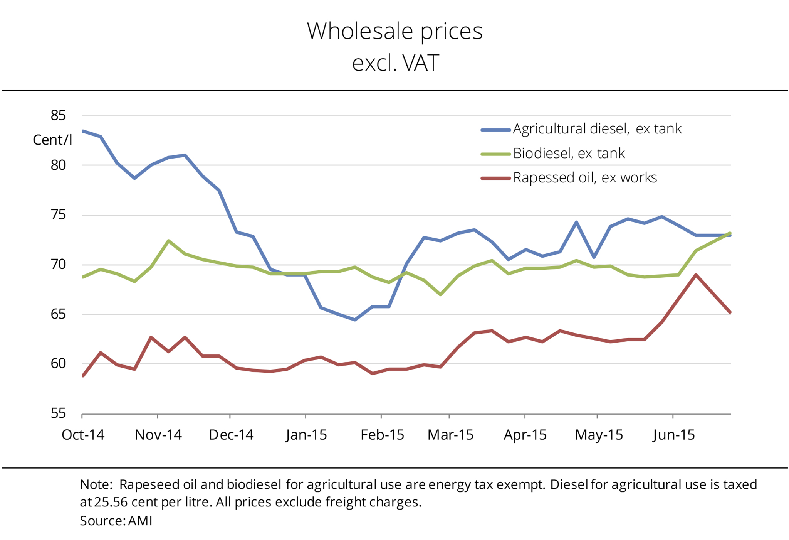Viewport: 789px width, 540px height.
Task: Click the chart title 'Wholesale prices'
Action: (394, 31)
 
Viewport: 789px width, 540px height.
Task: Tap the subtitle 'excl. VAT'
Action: (395, 63)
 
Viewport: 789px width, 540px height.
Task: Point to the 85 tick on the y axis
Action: (58, 115)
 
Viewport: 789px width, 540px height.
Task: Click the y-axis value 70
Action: (58, 265)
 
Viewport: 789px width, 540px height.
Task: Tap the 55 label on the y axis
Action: (58, 413)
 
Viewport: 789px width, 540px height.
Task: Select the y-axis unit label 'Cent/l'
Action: (52, 140)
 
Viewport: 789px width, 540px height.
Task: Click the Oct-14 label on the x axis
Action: (83, 435)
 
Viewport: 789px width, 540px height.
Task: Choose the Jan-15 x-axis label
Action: (306, 435)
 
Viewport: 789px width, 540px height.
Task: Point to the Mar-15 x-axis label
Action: (450, 435)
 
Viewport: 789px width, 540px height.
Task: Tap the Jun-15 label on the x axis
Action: (674, 435)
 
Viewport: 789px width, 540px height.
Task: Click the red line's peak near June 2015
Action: (696, 275)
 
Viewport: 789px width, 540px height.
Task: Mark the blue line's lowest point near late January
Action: (355, 320)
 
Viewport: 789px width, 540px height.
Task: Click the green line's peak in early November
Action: (168, 241)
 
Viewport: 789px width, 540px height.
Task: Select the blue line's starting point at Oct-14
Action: (83, 131)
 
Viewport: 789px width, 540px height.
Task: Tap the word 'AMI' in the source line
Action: (140, 521)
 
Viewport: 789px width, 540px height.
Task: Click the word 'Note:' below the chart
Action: (96, 484)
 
